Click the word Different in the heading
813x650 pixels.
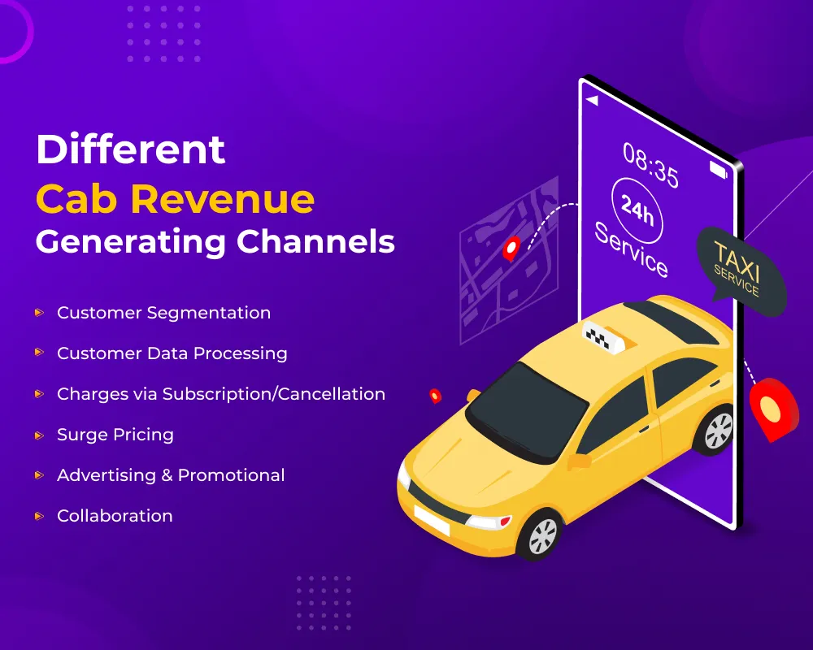pos(131,150)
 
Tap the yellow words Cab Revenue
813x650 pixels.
pos(175,198)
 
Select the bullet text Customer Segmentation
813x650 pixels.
pos(163,313)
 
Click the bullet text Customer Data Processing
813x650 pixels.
pos(172,353)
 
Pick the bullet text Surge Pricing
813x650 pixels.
pos(115,435)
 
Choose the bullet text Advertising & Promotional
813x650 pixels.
pos(171,475)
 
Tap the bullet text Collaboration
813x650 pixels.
pos(115,516)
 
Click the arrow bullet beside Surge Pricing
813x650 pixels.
pos(38,435)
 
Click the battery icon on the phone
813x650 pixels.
pos(719,170)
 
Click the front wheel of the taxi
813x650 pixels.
pos(538,535)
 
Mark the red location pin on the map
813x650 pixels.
pos(511,247)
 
